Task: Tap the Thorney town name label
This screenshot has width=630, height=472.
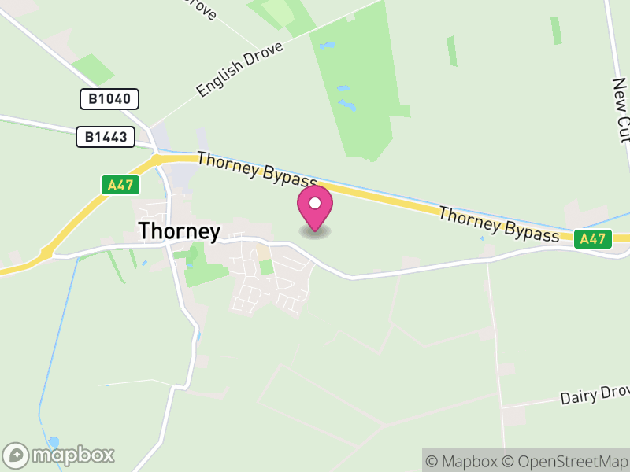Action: (180, 230)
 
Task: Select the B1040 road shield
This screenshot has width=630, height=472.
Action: (109, 99)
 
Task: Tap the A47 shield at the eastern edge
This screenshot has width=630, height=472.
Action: (593, 238)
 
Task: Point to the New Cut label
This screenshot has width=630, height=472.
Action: (621, 111)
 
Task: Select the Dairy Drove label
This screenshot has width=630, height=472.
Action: (595, 395)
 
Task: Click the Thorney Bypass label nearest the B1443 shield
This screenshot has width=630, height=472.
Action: (256, 170)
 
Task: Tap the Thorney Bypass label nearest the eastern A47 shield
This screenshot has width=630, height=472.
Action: (499, 225)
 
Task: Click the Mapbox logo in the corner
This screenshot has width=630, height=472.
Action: (60, 455)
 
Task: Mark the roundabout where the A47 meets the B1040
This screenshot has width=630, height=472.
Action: (156, 160)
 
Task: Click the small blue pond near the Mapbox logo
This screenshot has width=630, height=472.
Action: (53, 441)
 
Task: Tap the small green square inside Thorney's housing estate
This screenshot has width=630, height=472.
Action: (266, 267)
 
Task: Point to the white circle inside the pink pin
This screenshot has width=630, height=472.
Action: (315, 204)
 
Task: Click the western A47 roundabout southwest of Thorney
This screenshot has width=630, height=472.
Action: (46, 253)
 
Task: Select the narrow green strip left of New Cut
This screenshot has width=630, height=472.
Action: (556, 30)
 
